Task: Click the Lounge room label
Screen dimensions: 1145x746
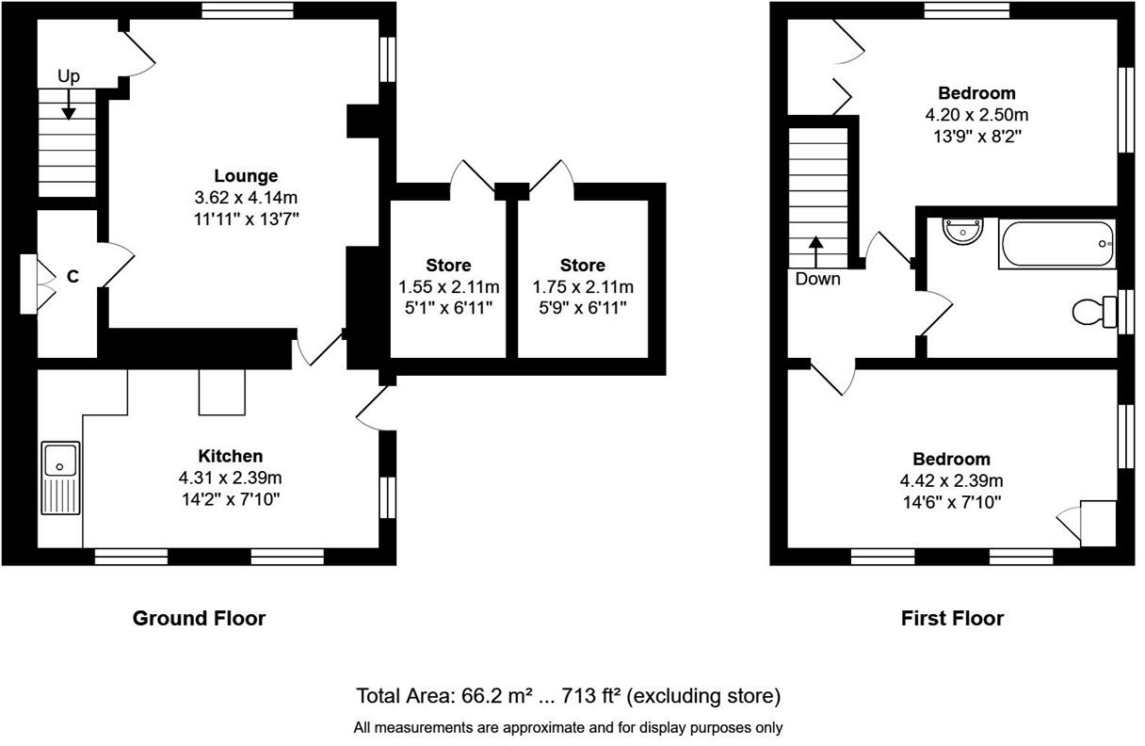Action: [x=246, y=176]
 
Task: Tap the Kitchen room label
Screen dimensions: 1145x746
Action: [x=231, y=456]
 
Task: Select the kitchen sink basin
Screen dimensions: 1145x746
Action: [x=60, y=460]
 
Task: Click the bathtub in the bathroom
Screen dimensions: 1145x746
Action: [x=1056, y=244]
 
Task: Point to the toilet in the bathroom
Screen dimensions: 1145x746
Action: [x=1094, y=312]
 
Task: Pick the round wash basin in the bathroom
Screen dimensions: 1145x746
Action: [x=963, y=232]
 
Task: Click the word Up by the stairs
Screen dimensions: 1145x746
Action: [x=69, y=76]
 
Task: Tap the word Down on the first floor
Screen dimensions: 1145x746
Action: [x=818, y=279]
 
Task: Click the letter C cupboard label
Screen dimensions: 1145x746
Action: [x=73, y=277]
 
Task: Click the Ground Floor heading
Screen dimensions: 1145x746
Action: [x=200, y=619]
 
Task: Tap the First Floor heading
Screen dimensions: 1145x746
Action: [x=952, y=619]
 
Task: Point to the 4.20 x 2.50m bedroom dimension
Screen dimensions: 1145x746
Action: [x=976, y=115]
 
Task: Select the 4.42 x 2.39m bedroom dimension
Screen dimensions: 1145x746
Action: [x=951, y=480]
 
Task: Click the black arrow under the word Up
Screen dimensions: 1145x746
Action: [x=69, y=105]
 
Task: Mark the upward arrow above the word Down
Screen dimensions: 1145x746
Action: [x=815, y=252]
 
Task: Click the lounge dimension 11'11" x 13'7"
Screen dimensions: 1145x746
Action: [x=246, y=219]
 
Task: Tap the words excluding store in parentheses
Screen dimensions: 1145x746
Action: [x=703, y=696]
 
